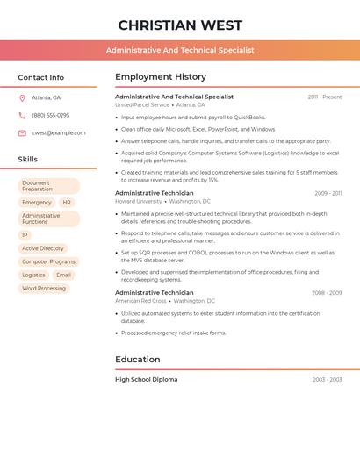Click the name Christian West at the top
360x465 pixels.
[x=180, y=25]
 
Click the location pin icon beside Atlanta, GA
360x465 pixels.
[x=22, y=97]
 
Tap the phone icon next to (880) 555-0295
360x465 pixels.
[x=22, y=115]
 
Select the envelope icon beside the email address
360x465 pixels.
[x=22, y=133]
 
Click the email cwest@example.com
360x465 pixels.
[x=59, y=133]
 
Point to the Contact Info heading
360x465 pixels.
[x=40, y=77]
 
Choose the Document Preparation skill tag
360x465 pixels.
[x=48, y=186]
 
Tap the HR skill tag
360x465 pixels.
[x=67, y=203]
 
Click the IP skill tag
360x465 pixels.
[x=25, y=235]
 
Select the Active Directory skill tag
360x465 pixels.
[x=43, y=248]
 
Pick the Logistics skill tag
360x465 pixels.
[x=33, y=275]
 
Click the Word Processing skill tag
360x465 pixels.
[x=44, y=288]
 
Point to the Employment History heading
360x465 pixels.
[x=161, y=76]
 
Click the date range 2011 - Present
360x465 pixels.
[x=324, y=97]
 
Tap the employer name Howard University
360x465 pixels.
[x=139, y=201]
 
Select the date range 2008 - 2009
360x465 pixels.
[x=326, y=293]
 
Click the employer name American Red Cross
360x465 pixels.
[x=140, y=301]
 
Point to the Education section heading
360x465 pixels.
[x=138, y=359]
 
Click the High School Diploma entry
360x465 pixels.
[x=146, y=380]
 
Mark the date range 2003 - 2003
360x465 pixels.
[x=327, y=380]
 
